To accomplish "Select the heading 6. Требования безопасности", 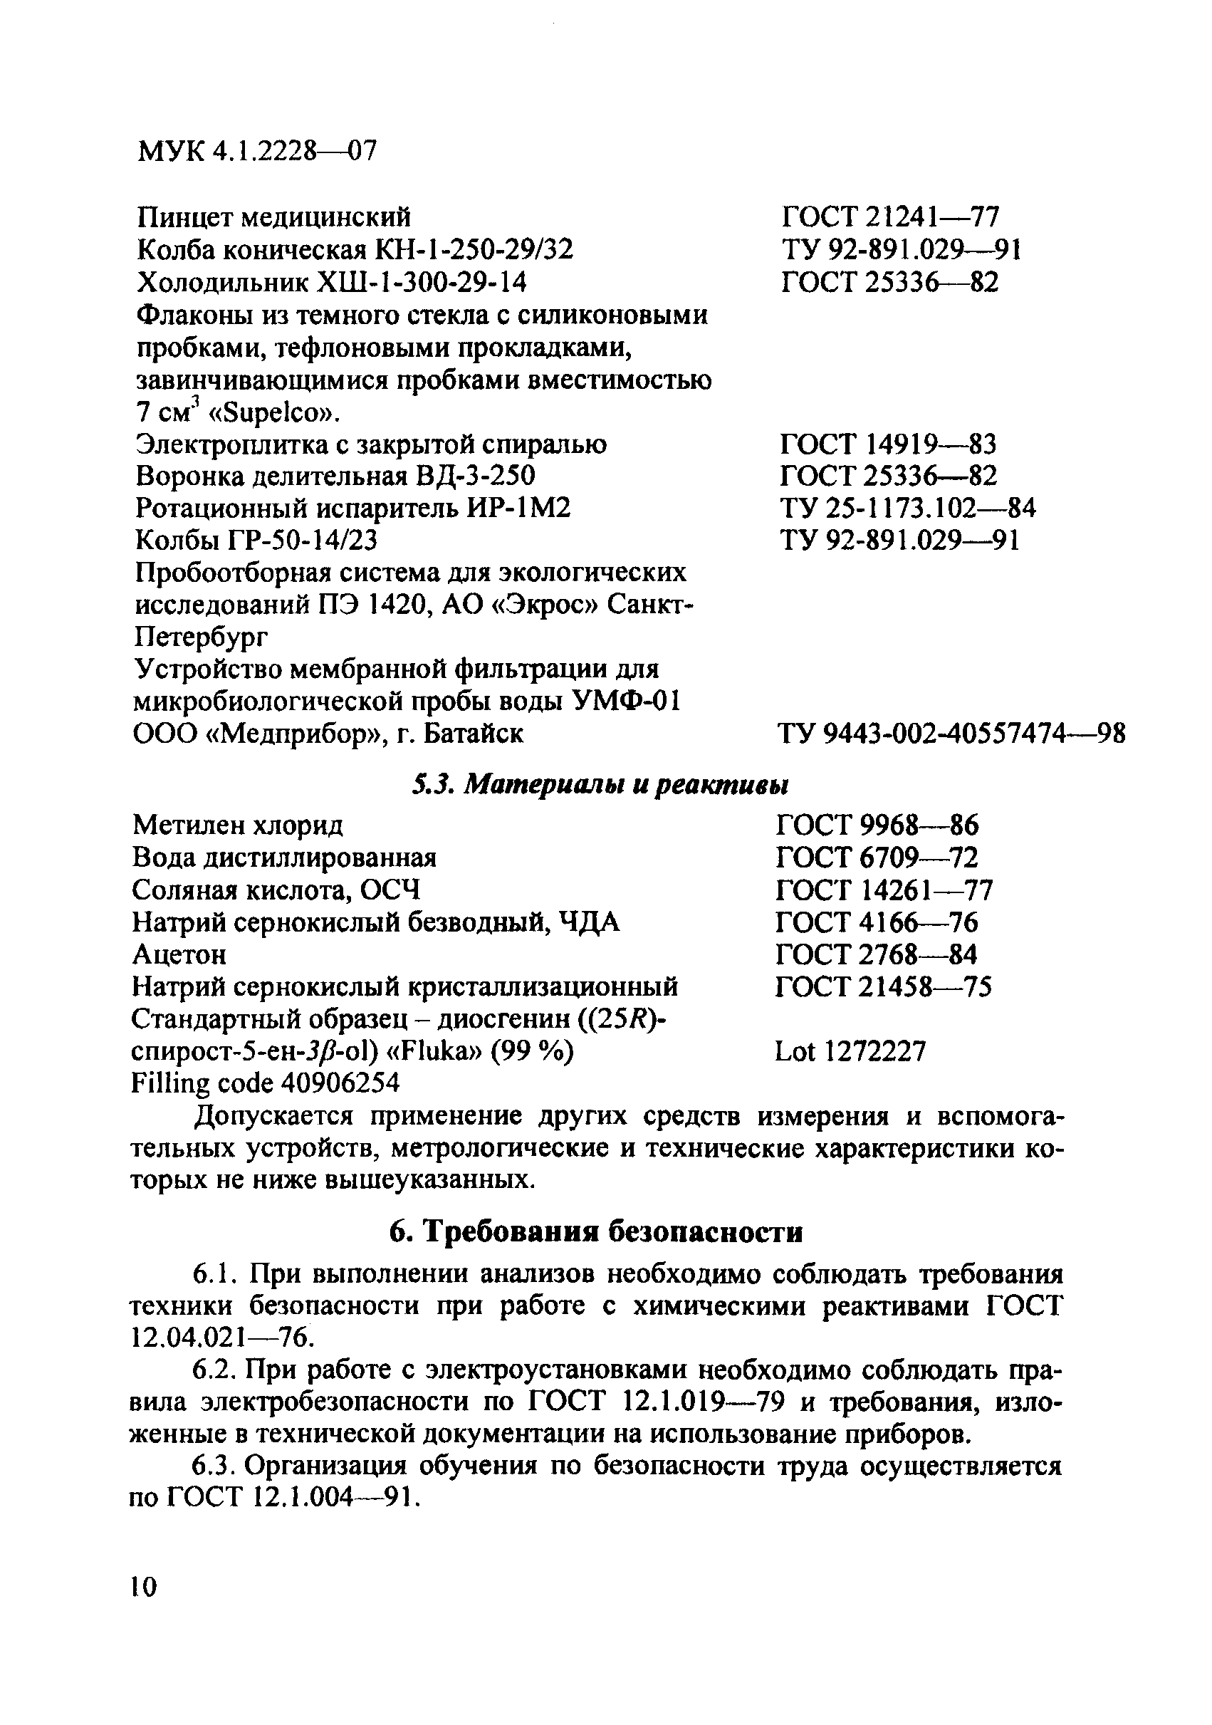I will [x=596, y=1231].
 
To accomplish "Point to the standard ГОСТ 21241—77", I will [x=890, y=218].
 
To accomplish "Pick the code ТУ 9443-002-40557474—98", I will [x=951, y=734].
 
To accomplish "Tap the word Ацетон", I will [x=179, y=954].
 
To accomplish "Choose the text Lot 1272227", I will [x=850, y=1051].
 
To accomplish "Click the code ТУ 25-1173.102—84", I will [x=908, y=509].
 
